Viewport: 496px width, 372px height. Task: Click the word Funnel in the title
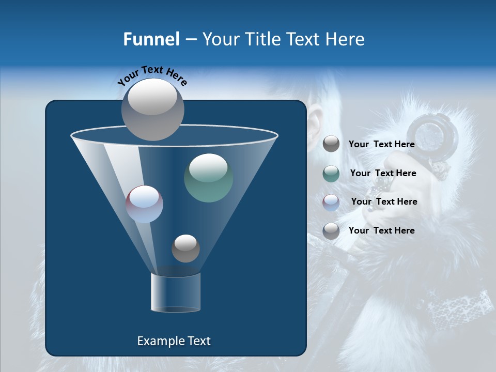151,39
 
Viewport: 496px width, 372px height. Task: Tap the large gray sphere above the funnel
153,109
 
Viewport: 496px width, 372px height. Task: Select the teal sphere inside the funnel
209,178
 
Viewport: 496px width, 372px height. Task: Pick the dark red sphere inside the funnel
145,204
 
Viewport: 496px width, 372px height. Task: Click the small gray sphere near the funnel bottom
185,248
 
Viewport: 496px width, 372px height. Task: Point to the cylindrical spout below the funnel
176,292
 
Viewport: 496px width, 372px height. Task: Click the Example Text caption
174,341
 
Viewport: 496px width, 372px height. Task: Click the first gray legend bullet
331,144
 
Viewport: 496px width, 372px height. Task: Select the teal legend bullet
331,173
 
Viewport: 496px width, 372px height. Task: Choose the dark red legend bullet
331,202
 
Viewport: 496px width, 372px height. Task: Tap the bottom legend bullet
331,231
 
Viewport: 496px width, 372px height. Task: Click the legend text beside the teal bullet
383,173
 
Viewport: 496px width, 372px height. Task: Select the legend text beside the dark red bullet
384,202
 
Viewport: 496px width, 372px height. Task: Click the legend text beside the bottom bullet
381,230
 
